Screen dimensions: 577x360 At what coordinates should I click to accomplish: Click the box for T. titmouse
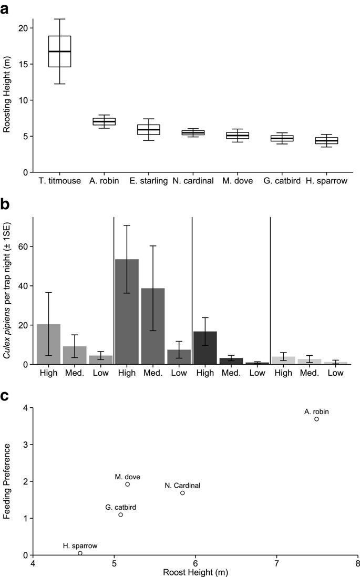(59, 51)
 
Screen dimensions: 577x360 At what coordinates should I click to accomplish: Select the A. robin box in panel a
(104, 121)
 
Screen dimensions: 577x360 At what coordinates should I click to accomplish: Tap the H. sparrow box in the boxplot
(327, 140)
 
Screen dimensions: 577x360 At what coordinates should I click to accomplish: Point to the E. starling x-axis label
(148, 181)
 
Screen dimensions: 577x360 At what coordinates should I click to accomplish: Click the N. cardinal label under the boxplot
(193, 181)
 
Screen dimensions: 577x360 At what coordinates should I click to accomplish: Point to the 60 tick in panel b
(23, 246)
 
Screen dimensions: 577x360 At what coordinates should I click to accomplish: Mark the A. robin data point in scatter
(316, 419)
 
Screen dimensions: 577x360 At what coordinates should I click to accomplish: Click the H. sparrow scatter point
(80, 553)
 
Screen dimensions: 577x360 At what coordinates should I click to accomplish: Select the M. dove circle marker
(128, 484)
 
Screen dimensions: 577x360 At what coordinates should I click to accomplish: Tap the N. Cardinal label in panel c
(182, 486)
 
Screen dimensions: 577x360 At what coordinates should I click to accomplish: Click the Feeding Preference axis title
(7, 481)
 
